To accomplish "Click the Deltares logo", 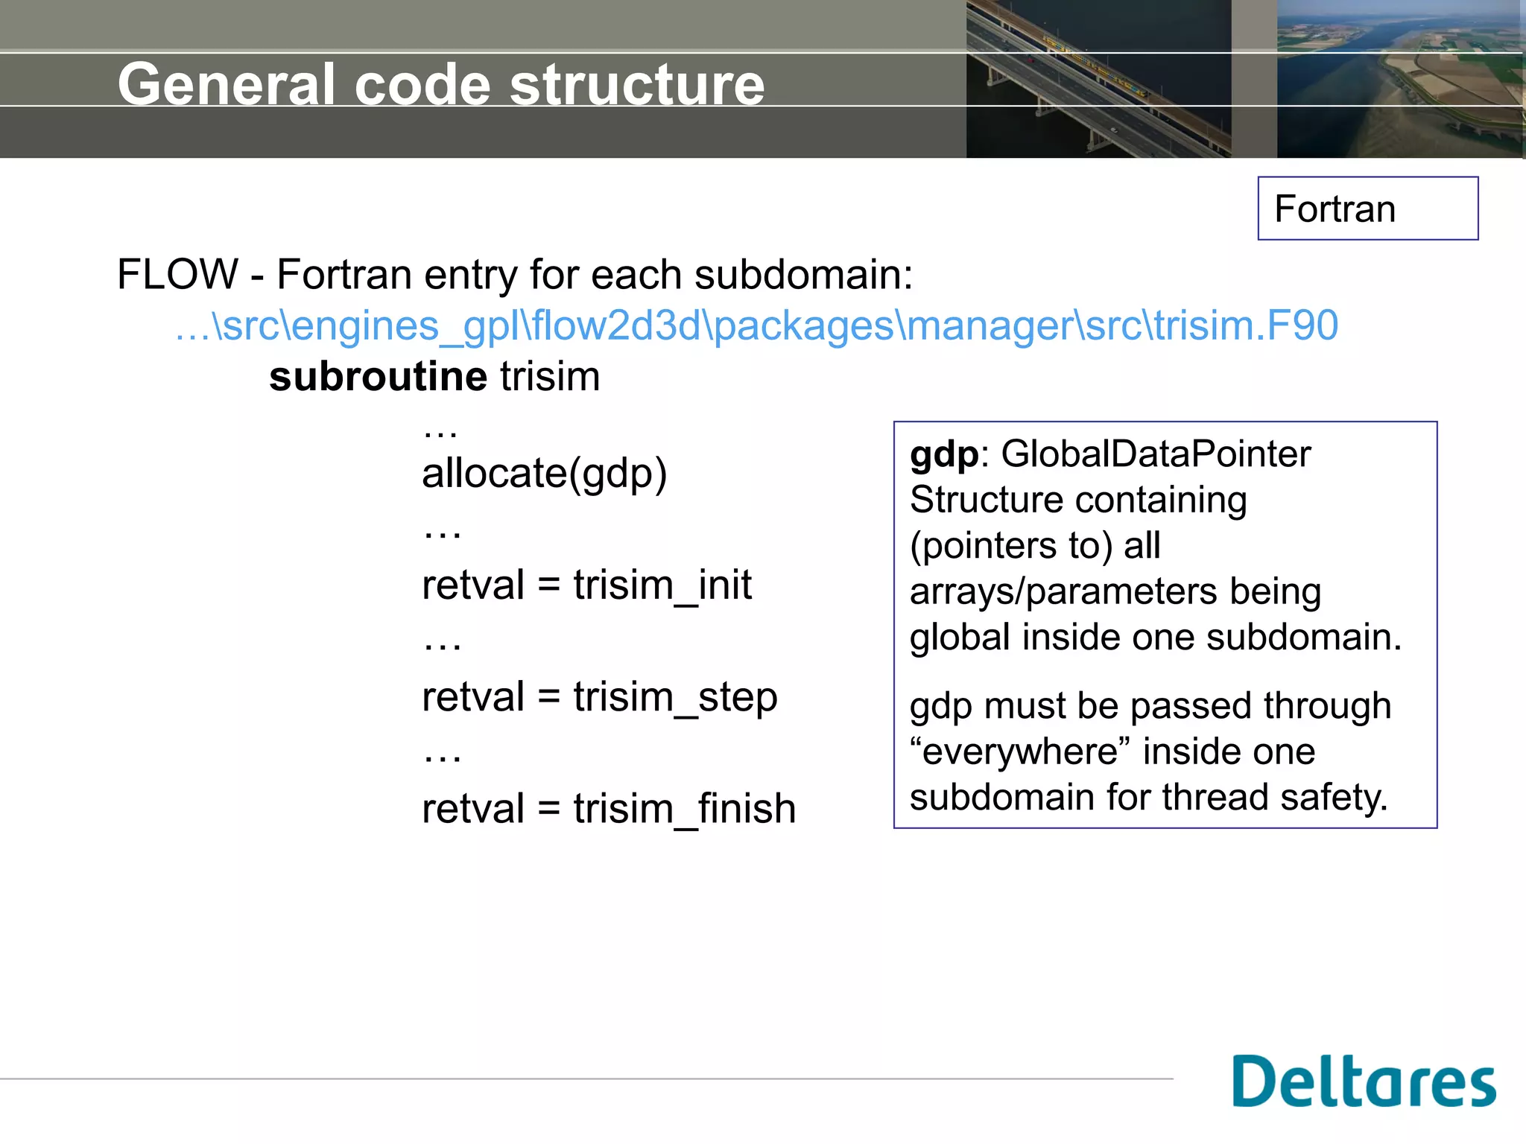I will [1364, 1081].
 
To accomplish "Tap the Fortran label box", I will [1367, 209].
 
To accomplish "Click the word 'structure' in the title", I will [637, 84].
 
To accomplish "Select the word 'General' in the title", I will [227, 84].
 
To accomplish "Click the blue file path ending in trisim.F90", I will [756, 325].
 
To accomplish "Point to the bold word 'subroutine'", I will [378, 376].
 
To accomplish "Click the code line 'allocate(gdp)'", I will [544, 474].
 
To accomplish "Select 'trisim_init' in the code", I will [662, 585].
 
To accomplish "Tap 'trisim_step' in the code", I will [674, 697].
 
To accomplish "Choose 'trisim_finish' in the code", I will [684, 809].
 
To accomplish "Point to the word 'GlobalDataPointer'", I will [1155, 454].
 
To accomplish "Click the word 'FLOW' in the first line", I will [177, 274].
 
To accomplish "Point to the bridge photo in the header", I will [1098, 79].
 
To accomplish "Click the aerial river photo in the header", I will [1400, 79].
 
